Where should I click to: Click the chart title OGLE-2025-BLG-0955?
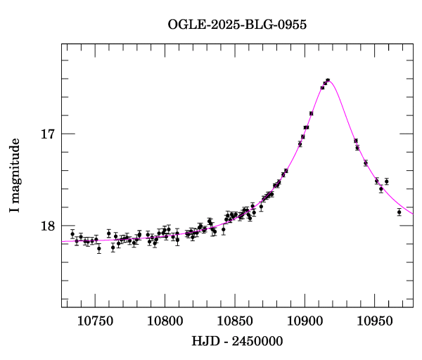237,25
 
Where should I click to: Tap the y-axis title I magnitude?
14,176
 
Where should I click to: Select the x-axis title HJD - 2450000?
238,342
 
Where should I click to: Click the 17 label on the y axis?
47,134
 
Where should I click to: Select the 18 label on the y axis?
47,226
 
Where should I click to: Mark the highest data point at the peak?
327,81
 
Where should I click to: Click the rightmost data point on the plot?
399,212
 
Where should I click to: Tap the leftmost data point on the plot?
72,233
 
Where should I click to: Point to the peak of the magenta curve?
328,80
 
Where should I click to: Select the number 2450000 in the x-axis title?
257,342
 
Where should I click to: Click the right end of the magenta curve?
413,214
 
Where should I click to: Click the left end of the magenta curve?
62,241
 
